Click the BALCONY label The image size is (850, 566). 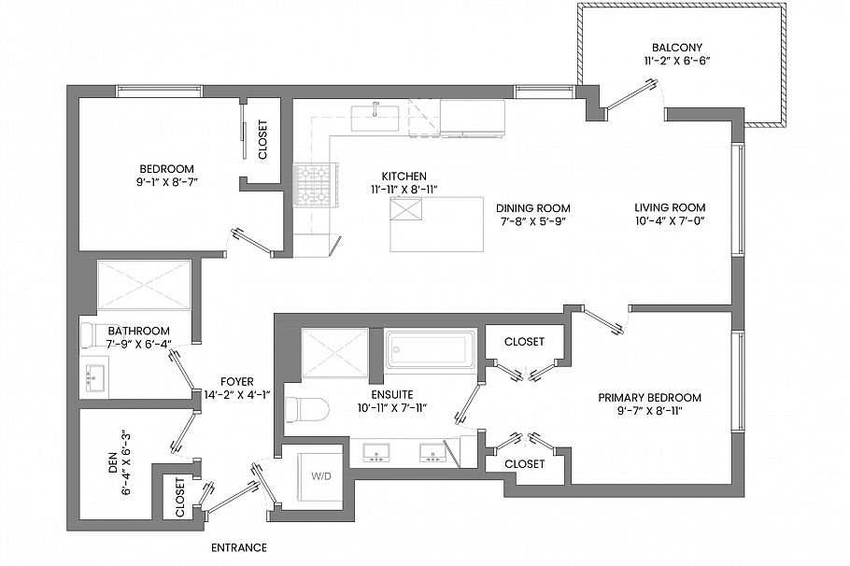pos(677,47)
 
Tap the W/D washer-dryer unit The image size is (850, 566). pos(319,477)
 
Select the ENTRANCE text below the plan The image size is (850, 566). pos(239,547)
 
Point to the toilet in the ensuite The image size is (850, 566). pos(306,410)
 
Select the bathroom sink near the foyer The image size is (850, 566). pos(95,377)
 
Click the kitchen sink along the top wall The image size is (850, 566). pos(375,119)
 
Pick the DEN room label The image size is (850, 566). pos(113,462)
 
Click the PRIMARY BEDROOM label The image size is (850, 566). pos(649,397)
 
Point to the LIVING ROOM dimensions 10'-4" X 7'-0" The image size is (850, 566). pos(670,221)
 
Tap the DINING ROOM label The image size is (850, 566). pos(532,208)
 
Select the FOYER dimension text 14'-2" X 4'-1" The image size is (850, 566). pos(237,395)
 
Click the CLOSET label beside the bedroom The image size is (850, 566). pos(262,139)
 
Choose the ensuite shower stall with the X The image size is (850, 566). pos(335,352)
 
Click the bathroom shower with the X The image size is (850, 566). pos(144,286)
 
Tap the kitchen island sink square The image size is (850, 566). pos(406,209)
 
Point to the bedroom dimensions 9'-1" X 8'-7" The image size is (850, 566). pos(166,182)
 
